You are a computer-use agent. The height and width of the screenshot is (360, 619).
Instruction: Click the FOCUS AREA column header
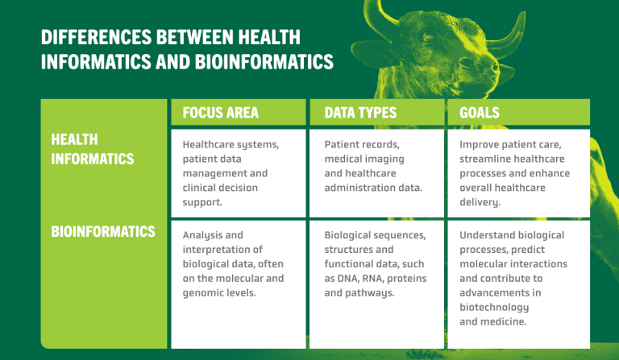coord(220,113)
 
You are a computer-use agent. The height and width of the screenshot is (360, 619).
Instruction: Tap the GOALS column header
coord(480,113)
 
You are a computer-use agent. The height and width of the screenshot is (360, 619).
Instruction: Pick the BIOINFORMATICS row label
coord(103,232)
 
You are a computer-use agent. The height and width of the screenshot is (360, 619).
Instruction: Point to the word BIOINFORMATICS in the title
coord(260,61)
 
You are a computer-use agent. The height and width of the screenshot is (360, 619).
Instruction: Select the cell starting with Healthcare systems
coord(237,173)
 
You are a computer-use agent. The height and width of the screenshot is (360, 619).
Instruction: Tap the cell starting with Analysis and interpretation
coord(237,264)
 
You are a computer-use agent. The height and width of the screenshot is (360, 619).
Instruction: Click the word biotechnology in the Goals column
coord(494,307)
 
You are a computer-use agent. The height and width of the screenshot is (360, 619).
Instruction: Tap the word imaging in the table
coord(382,159)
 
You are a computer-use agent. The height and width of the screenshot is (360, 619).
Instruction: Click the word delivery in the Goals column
coord(480,202)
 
